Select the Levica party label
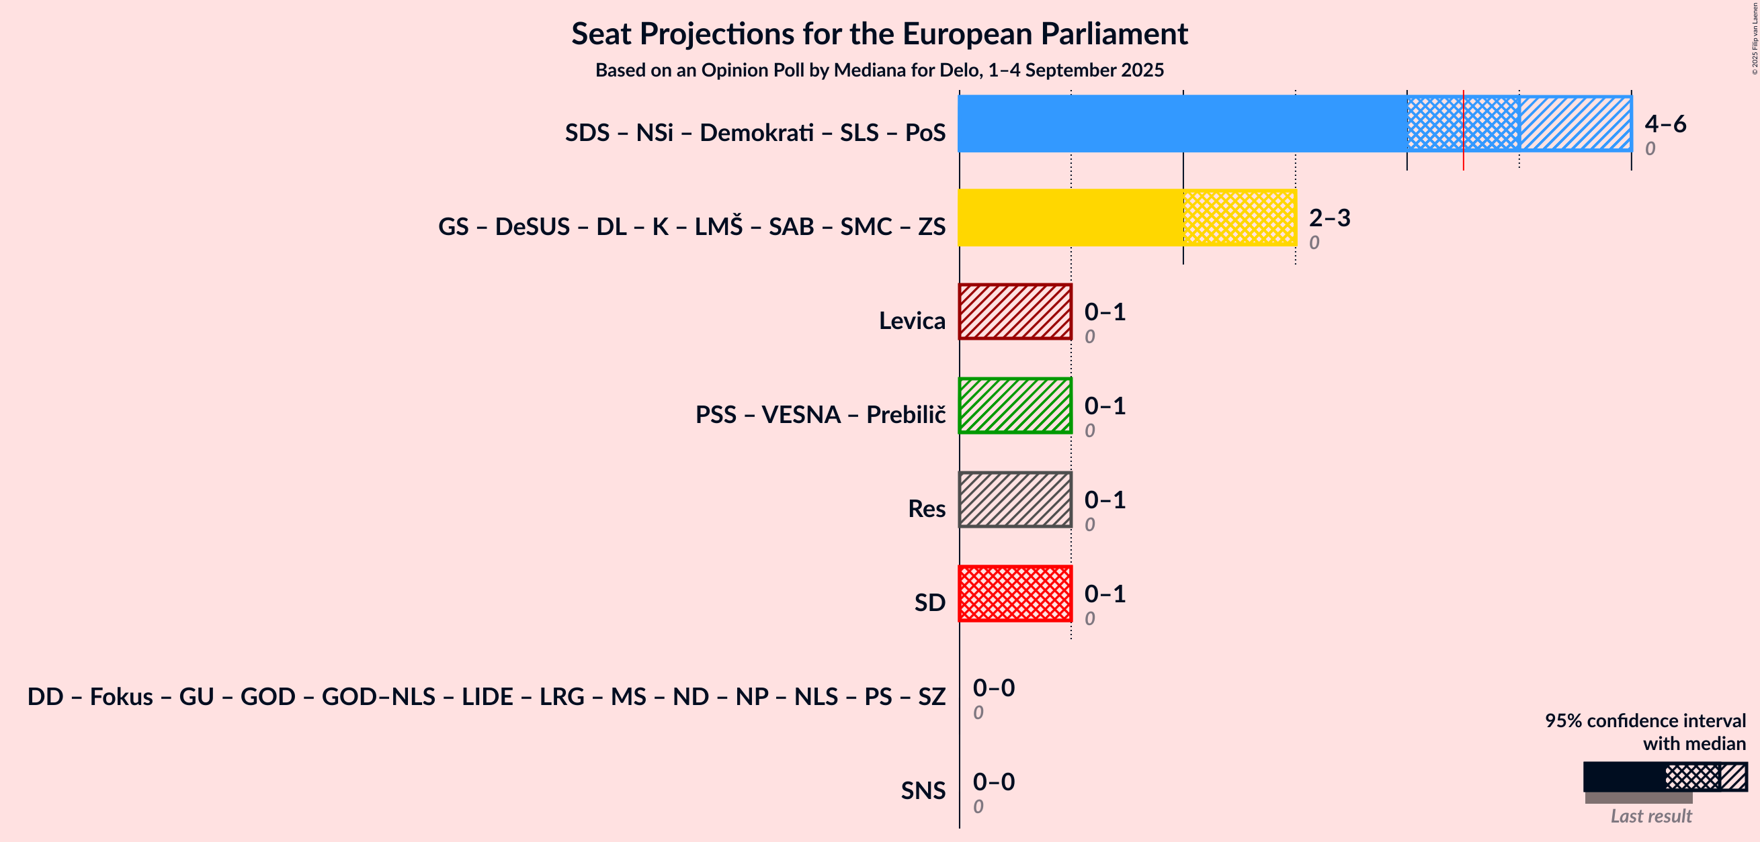coord(912,320)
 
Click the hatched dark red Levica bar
coord(1015,312)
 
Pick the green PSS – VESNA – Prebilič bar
coord(1015,406)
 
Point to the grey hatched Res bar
coord(1015,500)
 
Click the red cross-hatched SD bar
coord(1015,594)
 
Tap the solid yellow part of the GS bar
coord(1071,218)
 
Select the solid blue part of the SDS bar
coord(1183,124)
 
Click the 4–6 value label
coord(1666,124)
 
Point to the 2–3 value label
coord(1329,218)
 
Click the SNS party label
coord(923,790)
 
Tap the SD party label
coord(930,602)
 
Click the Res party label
coord(927,509)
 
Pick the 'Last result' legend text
coord(1650,816)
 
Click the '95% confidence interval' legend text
coord(1645,721)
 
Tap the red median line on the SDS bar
coord(1464,130)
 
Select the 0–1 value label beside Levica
coord(1105,312)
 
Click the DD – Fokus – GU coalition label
coord(487,696)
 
